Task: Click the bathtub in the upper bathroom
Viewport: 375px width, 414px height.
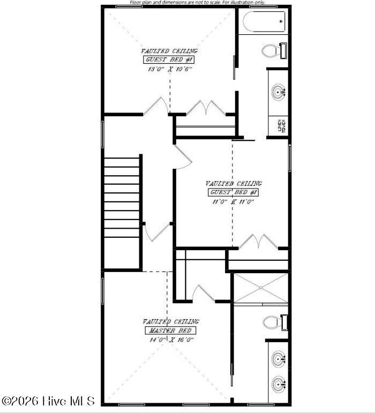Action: coord(264,21)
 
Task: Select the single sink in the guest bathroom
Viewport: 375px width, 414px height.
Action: coord(279,93)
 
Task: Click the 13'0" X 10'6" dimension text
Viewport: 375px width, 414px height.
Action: coord(169,69)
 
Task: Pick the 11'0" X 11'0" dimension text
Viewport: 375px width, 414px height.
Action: coord(232,201)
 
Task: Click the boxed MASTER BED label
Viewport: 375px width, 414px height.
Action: coord(170,330)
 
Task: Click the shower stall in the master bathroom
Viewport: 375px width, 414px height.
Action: coord(260,288)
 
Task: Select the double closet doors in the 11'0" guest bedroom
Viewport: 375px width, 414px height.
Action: coord(258,242)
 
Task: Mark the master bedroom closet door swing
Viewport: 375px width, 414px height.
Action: coord(204,292)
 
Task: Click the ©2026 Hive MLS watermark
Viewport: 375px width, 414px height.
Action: coord(48,401)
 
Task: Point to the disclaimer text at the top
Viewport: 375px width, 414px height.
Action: coord(197,3)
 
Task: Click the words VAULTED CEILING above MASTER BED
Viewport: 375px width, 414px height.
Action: coord(170,321)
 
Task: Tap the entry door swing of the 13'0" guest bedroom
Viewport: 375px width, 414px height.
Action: coord(156,106)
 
